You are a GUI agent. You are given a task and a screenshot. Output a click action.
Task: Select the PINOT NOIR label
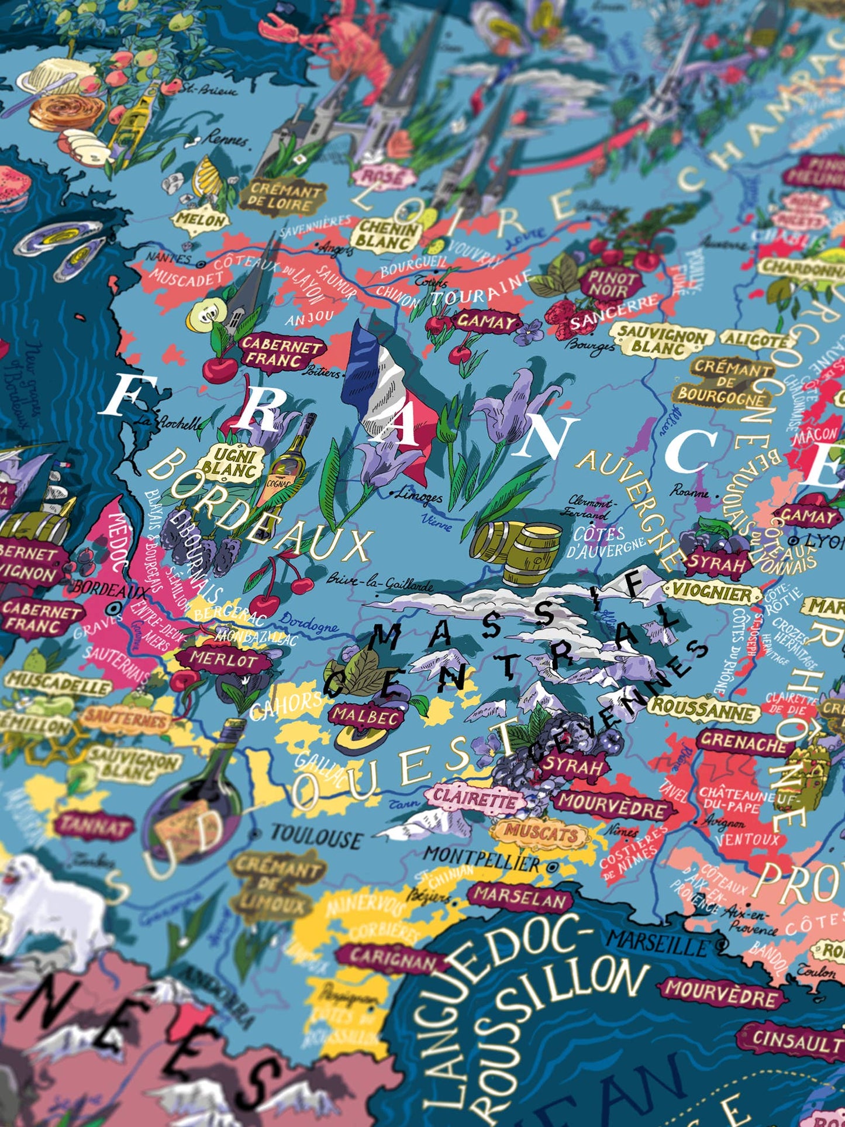point(611,283)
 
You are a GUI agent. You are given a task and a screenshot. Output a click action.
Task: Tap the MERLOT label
point(223,660)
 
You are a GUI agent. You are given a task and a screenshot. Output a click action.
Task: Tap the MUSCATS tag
point(540,833)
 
